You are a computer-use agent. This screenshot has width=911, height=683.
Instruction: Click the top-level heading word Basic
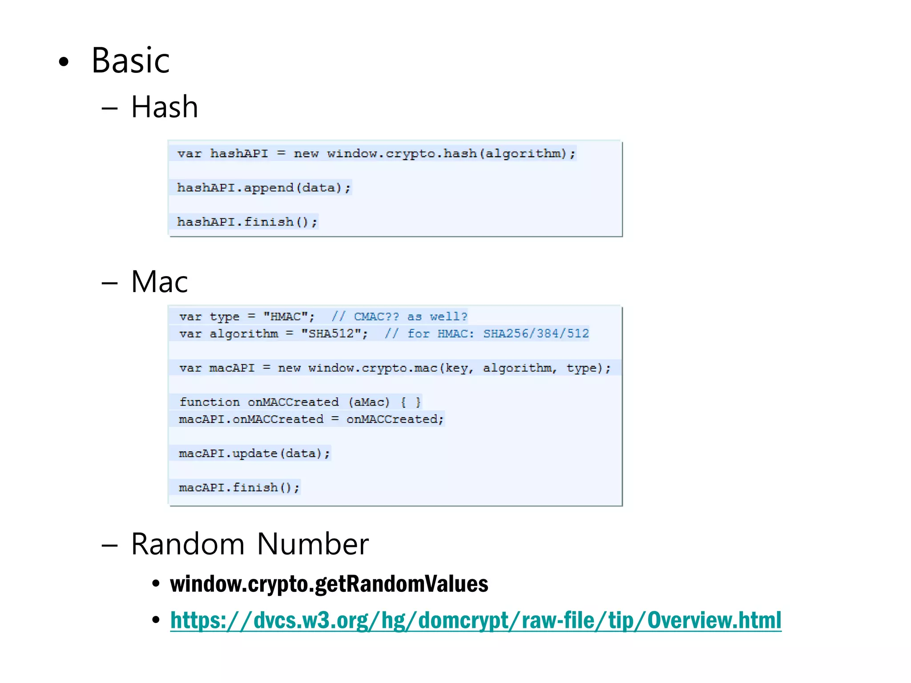tap(130, 60)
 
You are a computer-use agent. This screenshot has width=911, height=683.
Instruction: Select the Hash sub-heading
tap(165, 107)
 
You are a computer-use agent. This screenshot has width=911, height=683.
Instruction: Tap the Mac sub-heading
tap(159, 282)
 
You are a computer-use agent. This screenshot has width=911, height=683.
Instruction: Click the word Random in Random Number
tap(188, 544)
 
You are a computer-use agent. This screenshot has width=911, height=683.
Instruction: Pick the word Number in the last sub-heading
tap(313, 544)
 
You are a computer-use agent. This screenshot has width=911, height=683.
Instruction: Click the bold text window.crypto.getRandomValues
tap(329, 584)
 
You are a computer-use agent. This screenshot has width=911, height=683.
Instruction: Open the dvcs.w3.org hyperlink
tap(476, 620)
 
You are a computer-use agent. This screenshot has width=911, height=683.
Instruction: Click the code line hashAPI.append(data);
tap(264, 188)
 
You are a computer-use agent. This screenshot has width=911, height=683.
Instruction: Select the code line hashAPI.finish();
tap(247, 222)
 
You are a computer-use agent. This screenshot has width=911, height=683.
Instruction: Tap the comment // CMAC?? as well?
tap(399, 317)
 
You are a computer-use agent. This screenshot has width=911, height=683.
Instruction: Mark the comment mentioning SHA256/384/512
tap(487, 333)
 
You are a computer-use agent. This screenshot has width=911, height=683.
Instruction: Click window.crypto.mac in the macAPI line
tap(373, 368)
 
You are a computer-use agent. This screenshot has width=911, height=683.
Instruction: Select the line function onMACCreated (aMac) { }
tap(299, 402)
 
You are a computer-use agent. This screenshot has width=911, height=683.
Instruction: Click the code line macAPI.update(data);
tap(254, 454)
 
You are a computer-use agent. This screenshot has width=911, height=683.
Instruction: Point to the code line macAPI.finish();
tap(239, 488)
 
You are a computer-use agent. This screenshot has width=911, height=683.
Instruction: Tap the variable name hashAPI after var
tap(239, 154)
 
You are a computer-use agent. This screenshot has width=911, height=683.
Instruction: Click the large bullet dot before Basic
tap(64, 62)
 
